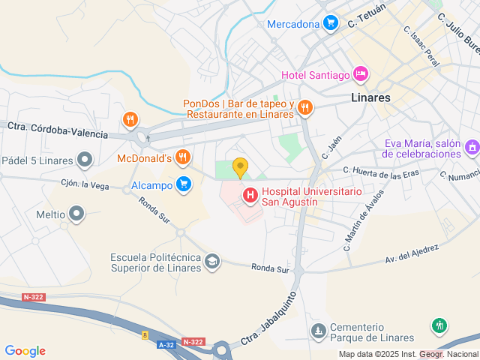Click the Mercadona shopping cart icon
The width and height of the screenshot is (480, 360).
(x=329, y=23)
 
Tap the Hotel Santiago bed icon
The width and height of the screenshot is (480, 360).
(x=361, y=74)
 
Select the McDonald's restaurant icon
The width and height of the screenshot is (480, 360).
(x=182, y=157)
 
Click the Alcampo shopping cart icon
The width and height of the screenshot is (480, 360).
(x=183, y=184)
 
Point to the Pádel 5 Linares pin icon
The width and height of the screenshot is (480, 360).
(x=85, y=160)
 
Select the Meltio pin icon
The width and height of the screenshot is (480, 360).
(x=76, y=214)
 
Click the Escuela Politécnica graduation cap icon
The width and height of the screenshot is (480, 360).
(x=212, y=261)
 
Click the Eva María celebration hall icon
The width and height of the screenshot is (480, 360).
(x=471, y=148)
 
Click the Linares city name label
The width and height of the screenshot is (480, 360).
(x=370, y=97)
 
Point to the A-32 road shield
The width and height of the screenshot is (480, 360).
(x=166, y=343)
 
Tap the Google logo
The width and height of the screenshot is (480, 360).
(x=25, y=351)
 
